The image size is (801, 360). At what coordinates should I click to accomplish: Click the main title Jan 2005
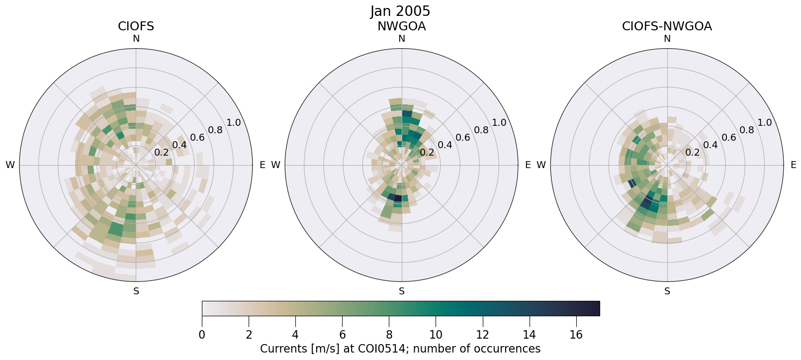click(400, 11)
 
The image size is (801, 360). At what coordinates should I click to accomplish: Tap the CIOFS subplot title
click(136, 26)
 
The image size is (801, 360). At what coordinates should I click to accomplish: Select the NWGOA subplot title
click(401, 26)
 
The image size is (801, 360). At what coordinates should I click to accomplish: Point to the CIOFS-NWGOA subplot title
click(667, 26)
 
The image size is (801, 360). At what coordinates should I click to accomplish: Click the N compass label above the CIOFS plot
click(136, 39)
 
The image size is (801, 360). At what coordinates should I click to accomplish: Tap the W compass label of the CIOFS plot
click(10, 165)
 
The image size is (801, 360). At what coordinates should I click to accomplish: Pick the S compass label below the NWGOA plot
click(402, 291)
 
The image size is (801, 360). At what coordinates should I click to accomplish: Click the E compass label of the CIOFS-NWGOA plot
click(793, 165)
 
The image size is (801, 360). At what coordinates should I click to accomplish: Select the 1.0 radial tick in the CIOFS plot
click(233, 123)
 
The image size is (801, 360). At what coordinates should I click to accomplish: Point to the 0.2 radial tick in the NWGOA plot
click(427, 152)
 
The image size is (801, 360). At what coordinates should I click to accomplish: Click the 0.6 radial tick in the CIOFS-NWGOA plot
click(728, 137)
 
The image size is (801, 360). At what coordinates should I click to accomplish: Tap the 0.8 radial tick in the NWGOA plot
click(481, 130)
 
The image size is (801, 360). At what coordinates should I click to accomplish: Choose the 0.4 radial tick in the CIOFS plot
click(179, 145)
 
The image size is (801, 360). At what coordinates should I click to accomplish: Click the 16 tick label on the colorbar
click(576, 335)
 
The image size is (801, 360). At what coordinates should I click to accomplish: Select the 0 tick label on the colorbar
click(202, 335)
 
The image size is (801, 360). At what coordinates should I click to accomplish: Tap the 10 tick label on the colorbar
click(436, 335)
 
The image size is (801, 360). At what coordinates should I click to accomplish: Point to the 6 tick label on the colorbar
click(342, 335)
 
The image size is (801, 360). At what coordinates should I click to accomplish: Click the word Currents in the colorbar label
click(281, 349)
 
